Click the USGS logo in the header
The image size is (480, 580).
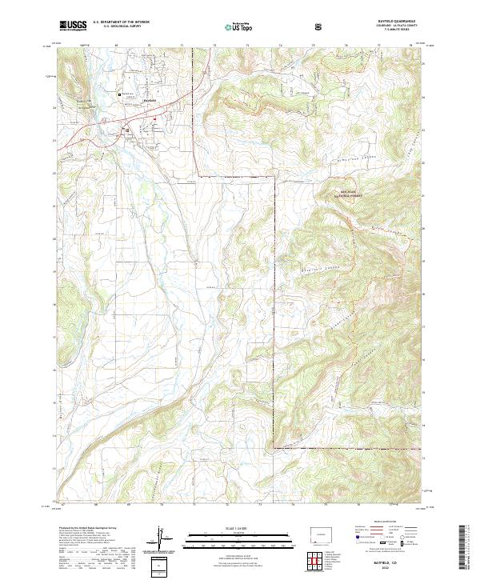tap(73, 26)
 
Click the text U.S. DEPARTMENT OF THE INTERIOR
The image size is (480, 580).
tap(121, 22)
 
